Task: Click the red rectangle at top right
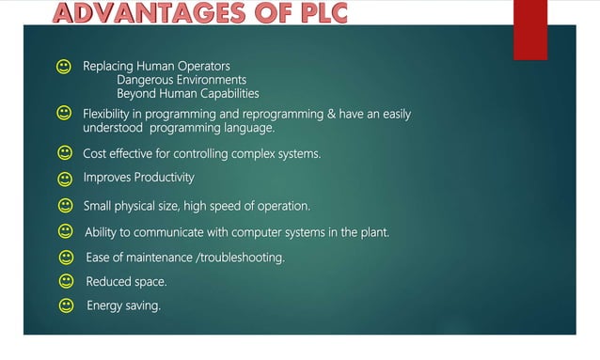pos(529,28)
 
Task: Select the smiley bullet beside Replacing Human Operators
pos(64,68)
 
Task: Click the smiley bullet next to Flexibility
pos(64,114)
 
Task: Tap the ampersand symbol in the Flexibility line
pos(331,114)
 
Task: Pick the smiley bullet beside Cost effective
pos(64,152)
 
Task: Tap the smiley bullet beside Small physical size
pos(65,205)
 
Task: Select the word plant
pos(371,231)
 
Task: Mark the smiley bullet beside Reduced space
pos(66,281)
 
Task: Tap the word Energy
pos(103,305)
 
